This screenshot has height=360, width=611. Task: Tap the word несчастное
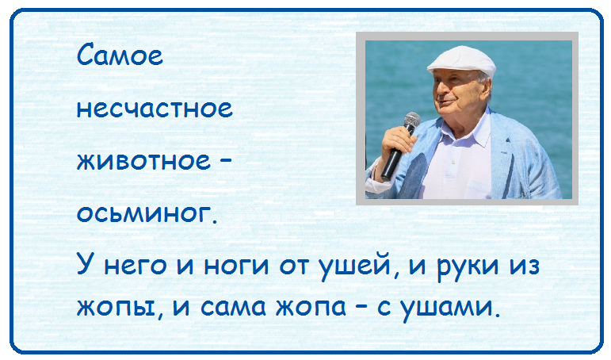[x=155, y=108]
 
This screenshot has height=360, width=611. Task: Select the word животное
[x=143, y=160]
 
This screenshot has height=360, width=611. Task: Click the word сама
[x=233, y=307]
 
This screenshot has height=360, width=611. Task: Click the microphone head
[x=412, y=120]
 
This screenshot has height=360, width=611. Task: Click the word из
[x=525, y=266]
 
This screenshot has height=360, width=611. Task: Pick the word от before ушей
[x=296, y=266]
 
